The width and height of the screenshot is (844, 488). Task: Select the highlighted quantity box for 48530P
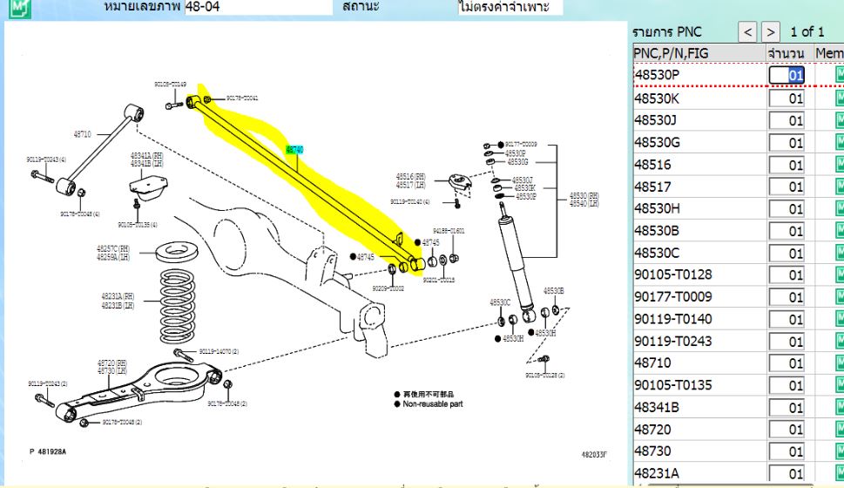tap(787, 75)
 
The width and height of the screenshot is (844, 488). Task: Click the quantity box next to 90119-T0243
tap(787, 342)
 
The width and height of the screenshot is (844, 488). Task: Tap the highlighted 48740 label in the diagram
tap(294, 150)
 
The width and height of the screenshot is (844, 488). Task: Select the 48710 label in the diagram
tap(82, 134)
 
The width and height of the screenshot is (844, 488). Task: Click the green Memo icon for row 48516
tap(839, 165)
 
